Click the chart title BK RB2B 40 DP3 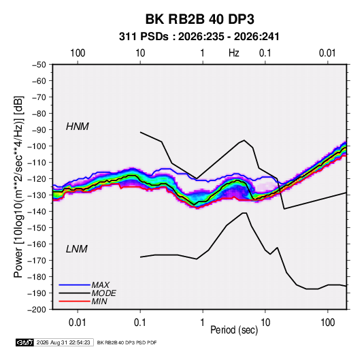pyautogui.click(x=199, y=19)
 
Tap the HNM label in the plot pyautogui.click(x=78, y=127)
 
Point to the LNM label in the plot pyautogui.click(x=77, y=249)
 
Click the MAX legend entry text pyautogui.click(x=100, y=285)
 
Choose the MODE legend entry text pyautogui.click(x=104, y=293)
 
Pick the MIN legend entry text pyautogui.click(x=99, y=301)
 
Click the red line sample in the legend pyautogui.click(x=74, y=301)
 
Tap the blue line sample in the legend pyautogui.click(x=74, y=285)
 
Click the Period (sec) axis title pyautogui.click(x=234, y=330)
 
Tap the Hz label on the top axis pyautogui.click(x=234, y=53)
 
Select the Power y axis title pyautogui.click(x=18, y=187)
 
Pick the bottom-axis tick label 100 pyautogui.click(x=327, y=323)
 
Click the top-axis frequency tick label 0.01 pyautogui.click(x=327, y=53)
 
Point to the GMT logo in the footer pyautogui.click(x=25, y=342)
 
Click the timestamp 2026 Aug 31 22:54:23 pyautogui.click(x=63, y=342)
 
